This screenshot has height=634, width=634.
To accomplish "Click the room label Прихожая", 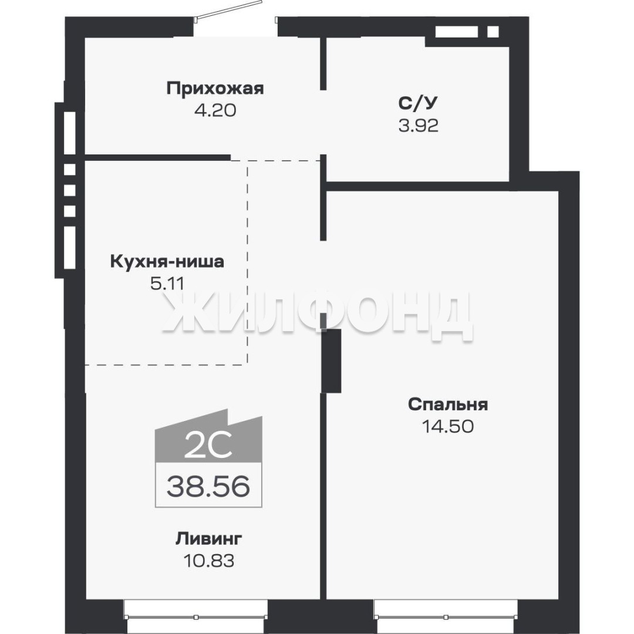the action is (215, 88).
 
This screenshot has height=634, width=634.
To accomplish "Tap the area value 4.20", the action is (215, 110).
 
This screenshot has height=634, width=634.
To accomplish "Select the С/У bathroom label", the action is (418, 103).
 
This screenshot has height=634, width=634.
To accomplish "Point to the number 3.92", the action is (418, 126).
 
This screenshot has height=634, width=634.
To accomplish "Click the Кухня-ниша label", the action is (167, 262).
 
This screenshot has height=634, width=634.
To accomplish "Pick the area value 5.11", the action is (167, 284).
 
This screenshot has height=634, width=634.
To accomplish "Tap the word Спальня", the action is (448, 404).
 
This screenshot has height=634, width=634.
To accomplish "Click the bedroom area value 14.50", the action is (448, 426).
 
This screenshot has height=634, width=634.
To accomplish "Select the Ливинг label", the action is (208, 539).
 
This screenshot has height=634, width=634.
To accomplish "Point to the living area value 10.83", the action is (208, 561).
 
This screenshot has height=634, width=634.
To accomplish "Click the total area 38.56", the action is (208, 486).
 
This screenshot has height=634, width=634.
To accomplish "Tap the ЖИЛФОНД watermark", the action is (317, 315).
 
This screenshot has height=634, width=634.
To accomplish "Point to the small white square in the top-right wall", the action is (493, 32).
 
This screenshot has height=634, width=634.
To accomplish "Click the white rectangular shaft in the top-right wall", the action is (457, 32).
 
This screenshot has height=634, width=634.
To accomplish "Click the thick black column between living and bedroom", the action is (332, 360).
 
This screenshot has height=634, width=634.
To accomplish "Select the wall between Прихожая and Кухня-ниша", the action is (157, 158).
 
